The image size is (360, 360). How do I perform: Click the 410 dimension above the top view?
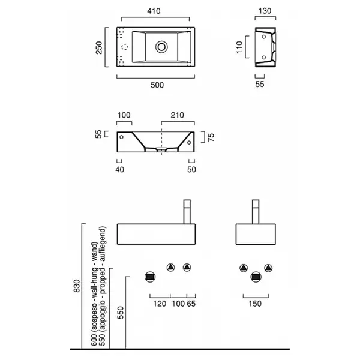pyautogui.click(x=154, y=11)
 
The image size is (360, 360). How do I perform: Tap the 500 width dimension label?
pyautogui.click(x=157, y=85)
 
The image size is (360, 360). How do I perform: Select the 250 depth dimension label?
pyautogui.click(x=99, y=48)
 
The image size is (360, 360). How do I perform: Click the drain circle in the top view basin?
pyautogui.click(x=161, y=47)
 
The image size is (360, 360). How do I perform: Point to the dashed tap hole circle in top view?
pyautogui.click(x=125, y=47)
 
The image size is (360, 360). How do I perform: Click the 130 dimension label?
pyautogui.click(x=265, y=11)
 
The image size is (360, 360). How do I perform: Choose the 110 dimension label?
pyautogui.click(x=239, y=47)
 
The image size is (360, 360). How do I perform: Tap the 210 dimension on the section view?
pyautogui.click(x=177, y=115)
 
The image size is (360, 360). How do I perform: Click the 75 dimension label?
pyautogui.click(x=211, y=137)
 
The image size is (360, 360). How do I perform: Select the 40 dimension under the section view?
pyautogui.click(x=119, y=170)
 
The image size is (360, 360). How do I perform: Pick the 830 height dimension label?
pyautogui.click(x=77, y=286)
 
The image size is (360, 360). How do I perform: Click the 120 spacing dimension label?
pyautogui.click(x=160, y=304)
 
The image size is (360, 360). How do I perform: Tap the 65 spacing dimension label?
pyautogui.click(x=191, y=304)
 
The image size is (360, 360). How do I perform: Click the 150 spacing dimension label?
pyautogui.click(x=255, y=304)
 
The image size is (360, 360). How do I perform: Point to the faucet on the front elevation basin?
pyautogui.click(x=187, y=212)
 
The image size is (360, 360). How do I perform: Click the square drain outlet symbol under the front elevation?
pyautogui.click(x=150, y=277)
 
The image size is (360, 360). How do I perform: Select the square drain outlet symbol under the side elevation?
pyautogui.click(x=256, y=277)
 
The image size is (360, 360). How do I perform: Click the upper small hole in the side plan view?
pyautogui.click(x=264, y=37)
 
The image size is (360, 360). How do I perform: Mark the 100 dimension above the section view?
pyautogui.click(x=124, y=115)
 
